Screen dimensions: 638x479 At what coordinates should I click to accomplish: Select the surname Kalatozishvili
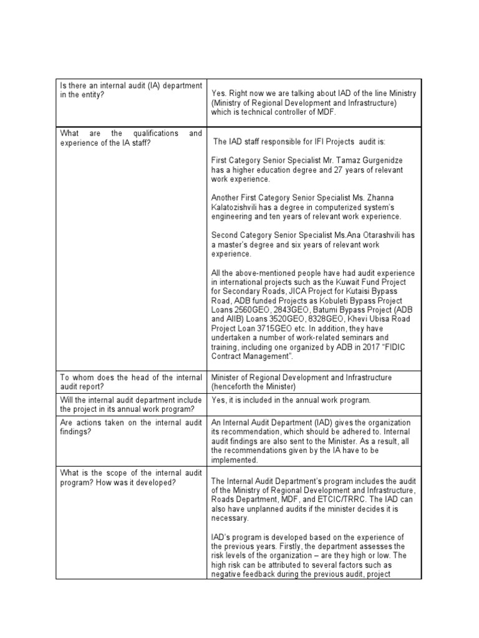click(239, 207)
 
